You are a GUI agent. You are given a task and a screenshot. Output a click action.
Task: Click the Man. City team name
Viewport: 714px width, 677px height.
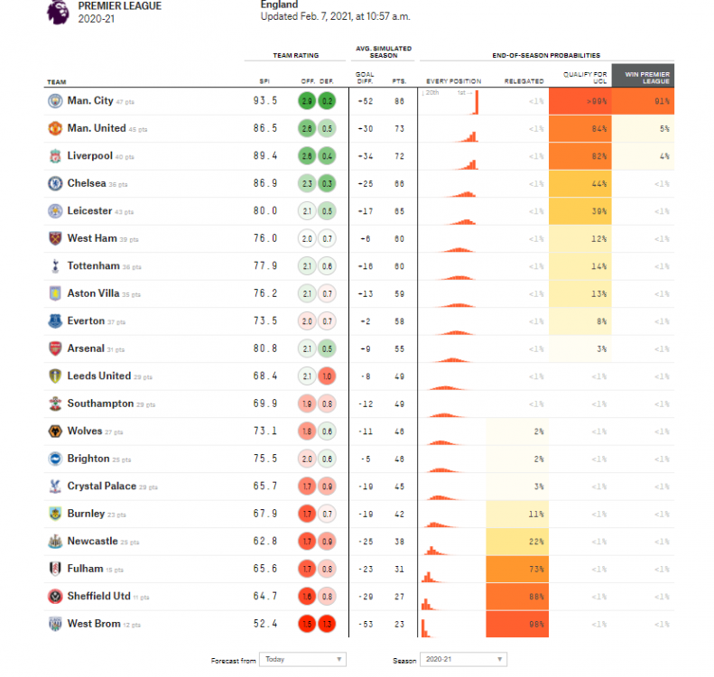coord(89,101)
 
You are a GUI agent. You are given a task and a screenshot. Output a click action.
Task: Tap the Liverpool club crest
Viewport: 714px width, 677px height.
coord(54,156)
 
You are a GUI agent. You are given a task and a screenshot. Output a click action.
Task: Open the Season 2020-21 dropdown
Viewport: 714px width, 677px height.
coord(463,660)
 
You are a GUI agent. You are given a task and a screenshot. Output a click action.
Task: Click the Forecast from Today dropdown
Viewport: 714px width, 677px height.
coord(301,660)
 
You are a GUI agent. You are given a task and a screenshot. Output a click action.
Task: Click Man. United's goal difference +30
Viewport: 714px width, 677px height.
coord(365,129)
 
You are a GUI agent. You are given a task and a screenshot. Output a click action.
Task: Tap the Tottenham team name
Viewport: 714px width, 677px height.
coord(93,266)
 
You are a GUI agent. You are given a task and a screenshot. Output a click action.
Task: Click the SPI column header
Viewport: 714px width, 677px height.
coord(264,81)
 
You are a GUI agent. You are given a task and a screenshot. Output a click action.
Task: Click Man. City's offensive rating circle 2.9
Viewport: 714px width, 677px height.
coord(307,101)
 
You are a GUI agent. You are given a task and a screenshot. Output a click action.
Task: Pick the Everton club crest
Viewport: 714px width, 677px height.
coord(54,321)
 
